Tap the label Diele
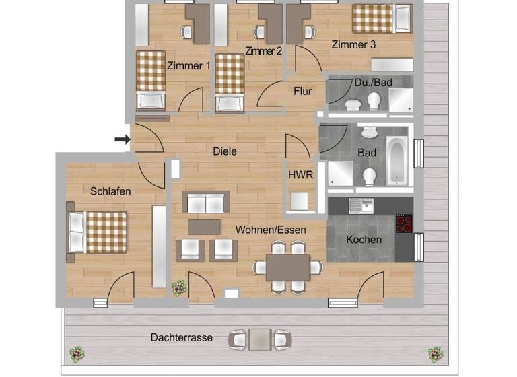click(224, 151)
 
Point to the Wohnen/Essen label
click(271, 230)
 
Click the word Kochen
click(364, 240)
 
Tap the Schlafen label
click(110, 191)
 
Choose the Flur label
click(302, 91)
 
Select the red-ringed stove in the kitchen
click(404, 224)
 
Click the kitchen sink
click(361, 205)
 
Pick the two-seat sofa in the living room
click(205, 202)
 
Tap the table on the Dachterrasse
click(260, 339)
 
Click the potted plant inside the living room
click(179, 288)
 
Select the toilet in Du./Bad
click(374, 101)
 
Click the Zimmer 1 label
click(188, 65)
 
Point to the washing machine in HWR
click(298, 201)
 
